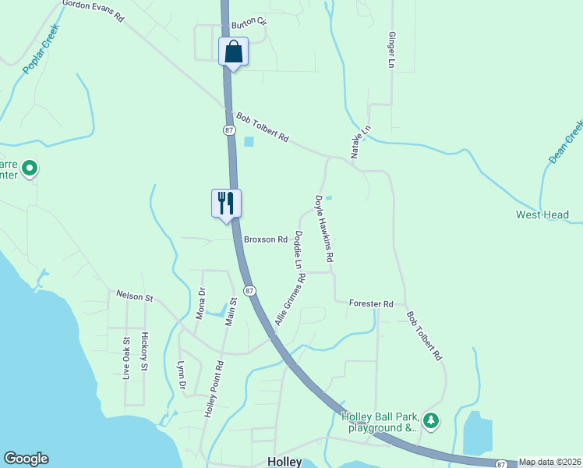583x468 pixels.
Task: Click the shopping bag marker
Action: pyautogui.click(x=233, y=52)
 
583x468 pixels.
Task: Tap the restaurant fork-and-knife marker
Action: pyautogui.click(x=226, y=204)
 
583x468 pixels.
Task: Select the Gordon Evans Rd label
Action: pyautogui.click(x=93, y=9)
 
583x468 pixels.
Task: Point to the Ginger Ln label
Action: pyautogui.click(x=391, y=49)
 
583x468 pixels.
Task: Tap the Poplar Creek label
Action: pyautogui.click(x=41, y=58)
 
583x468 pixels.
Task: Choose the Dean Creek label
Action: pyautogui.click(x=566, y=141)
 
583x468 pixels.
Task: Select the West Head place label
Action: pyautogui.click(x=542, y=214)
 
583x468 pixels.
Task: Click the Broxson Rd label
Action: pyautogui.click(x=260, y=239)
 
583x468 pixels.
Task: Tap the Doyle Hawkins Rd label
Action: pyautogui.click(x=324, y=228)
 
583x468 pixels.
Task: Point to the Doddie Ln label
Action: pyautogui.click(x=298, y=250)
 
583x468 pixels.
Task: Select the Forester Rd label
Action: pyautogui.click(x=371, y=303)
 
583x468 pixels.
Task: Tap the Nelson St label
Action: pyautogui.click(x=136, y=296)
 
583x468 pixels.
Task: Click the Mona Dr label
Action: pyautogui.click(x=200, y=304)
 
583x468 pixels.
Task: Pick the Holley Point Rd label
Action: pyautogui.click(x=215, y=388)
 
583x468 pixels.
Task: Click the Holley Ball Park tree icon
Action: pyautogui.click(x=431, y=421)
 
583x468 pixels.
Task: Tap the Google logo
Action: pyautogui.click(x=26, y=459)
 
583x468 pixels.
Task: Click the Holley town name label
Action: pyautogui.click(x=284, y=462)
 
